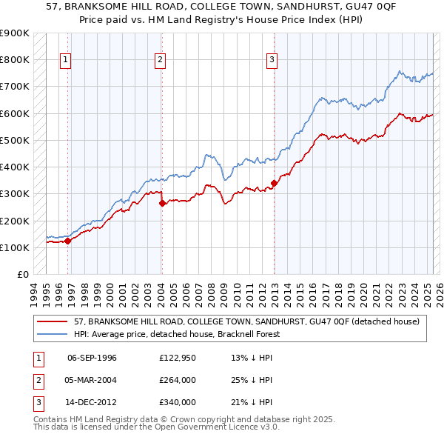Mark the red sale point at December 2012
click(x=274, y=182)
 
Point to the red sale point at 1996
click(x=67, y=241)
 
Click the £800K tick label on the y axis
click(x=15, y=59)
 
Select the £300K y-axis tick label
click(x=15, y=193)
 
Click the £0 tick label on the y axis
click(x=22, y=274)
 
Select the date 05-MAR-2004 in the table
click(x=92, y=380)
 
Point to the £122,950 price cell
click(x=178, y=358)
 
